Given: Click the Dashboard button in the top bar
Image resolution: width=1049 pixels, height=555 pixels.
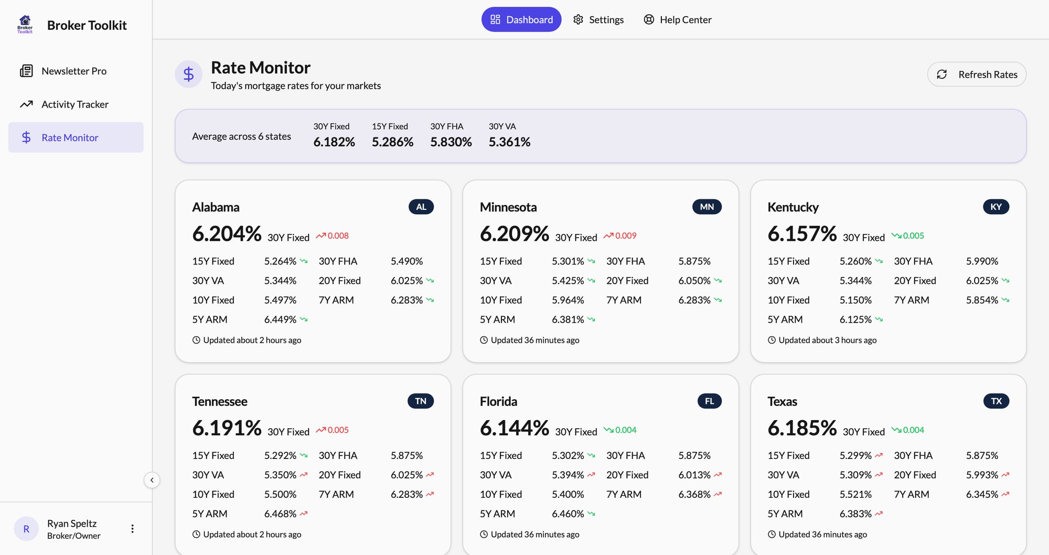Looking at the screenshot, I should (521, 19).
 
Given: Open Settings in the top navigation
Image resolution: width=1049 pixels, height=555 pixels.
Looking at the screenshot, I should (598, 19).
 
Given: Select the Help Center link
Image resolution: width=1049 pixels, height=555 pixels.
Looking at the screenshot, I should (677, 19).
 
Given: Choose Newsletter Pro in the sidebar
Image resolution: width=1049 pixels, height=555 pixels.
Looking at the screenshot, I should (73, 71).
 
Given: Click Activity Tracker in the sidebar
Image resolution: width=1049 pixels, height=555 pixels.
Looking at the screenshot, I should (74, 104).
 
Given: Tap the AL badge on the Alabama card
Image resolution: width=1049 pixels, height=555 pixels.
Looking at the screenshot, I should (421, 207).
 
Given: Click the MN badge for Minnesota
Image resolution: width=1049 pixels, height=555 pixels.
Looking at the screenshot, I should (707, 207).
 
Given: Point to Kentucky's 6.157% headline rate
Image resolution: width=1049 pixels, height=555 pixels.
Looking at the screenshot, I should (801, 234).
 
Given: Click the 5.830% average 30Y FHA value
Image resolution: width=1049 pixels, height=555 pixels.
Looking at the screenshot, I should (451, 142).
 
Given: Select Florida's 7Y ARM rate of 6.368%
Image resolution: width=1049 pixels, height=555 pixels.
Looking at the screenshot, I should (694, 494).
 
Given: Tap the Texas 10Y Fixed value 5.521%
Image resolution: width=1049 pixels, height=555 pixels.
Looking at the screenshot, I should (855, 494).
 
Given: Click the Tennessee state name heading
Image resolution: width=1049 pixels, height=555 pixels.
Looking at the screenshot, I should (219, 401).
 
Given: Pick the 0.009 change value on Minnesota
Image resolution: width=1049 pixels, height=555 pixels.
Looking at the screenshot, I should (625, 236).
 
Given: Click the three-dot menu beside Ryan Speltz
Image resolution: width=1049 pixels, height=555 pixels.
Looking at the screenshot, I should (132, 529).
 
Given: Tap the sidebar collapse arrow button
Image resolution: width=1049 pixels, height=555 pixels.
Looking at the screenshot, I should (152, 480).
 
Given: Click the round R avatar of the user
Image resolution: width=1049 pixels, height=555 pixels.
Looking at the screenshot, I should (26, 529).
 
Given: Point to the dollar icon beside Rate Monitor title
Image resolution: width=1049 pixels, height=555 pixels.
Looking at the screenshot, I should (188, 74).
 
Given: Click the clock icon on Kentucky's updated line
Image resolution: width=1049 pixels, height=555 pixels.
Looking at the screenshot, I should (772, 340).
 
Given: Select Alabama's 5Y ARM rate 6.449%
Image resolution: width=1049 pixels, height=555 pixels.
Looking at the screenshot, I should (280, 319).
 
